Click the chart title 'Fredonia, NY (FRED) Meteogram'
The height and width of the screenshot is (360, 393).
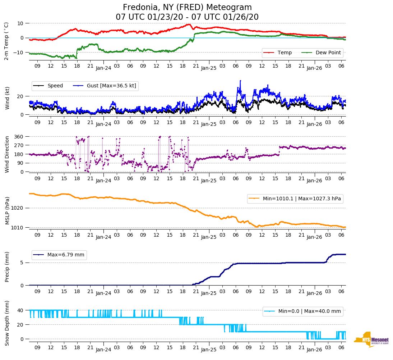point(187,8)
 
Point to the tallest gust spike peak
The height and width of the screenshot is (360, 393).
point(240,81)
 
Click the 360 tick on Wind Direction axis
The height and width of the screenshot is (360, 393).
point(18,137)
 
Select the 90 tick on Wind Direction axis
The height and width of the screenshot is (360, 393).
point(20,163)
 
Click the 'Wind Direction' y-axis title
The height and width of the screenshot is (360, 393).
point(7,154)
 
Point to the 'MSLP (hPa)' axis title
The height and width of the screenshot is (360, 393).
point(7,210)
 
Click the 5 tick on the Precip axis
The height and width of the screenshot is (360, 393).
point(22,263)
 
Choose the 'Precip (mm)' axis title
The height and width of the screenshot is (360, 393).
point(7,268)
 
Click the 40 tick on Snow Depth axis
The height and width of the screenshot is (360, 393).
point(20,310)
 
